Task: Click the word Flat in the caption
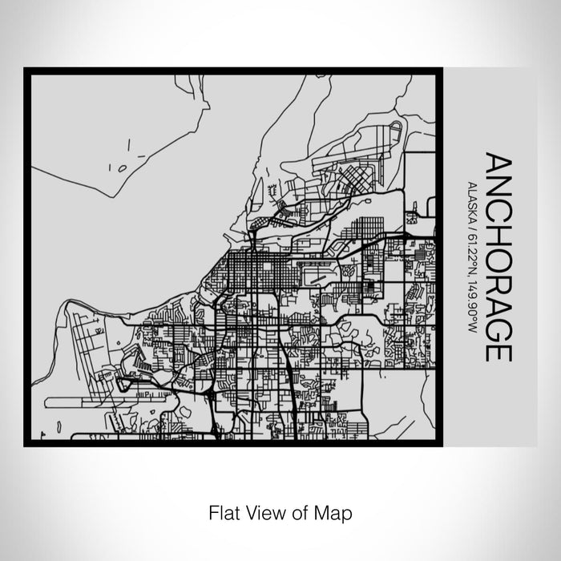coord(221,511)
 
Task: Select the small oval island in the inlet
coord(122,168)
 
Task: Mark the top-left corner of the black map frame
coord(26,70)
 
